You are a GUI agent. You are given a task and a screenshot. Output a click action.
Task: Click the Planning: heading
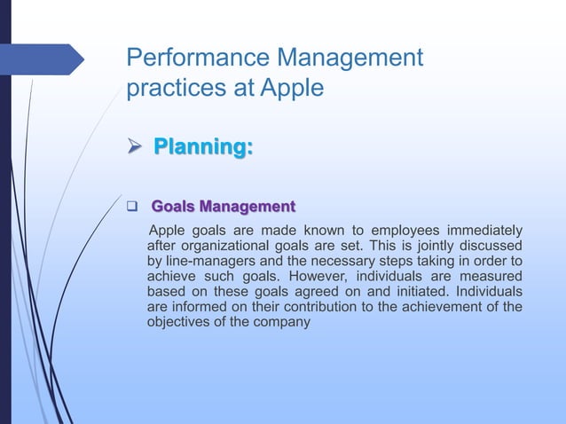(x=203, y=145)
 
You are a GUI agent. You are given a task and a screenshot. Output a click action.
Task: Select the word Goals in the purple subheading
(x=174, y=208)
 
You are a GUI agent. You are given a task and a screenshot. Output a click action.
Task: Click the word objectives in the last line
(x=179, y=322)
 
